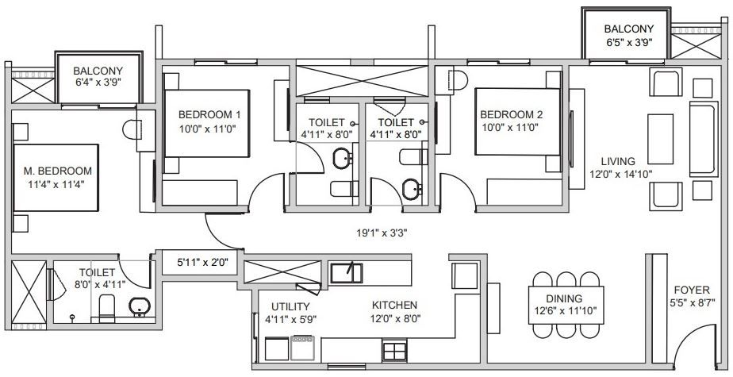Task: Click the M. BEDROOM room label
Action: point(57,171)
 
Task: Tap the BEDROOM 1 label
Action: point(209,114)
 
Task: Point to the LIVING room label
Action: point(618,161)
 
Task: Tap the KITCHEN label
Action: point(395,305)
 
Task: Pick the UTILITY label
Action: point(290,306)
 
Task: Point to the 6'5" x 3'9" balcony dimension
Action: point(629,44)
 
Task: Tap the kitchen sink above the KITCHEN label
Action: point(346,272)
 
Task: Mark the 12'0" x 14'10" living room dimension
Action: point(617,175)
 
